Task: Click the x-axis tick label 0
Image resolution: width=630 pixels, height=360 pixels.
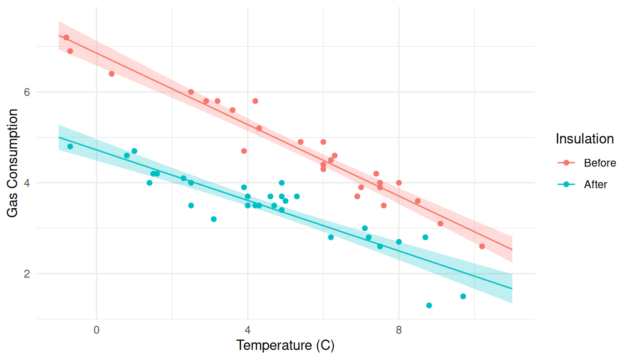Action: pos(97,330)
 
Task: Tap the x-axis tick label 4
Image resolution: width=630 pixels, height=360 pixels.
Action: pos(247,330)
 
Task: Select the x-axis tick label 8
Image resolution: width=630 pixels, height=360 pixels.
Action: pos(399,330)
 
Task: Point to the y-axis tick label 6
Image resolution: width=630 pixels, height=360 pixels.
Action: pos(27,92)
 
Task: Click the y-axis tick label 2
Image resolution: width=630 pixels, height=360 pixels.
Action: pos(27,274)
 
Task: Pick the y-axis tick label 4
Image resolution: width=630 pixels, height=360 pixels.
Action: pos(27,183)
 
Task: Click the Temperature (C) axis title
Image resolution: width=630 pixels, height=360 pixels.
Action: pos(285,346)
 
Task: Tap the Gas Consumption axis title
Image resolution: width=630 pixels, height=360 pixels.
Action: pos(13,163)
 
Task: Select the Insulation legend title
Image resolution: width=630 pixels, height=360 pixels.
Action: pos(585,139)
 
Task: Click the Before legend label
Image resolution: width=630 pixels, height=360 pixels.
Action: pos(600,163)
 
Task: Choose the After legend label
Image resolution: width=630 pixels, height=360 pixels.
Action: pos(595,185)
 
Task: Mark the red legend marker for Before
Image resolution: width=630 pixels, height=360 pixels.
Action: pos(566,163)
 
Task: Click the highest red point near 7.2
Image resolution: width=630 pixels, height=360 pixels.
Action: pos(66,37)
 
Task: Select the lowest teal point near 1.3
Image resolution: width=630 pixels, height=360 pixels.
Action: pos(429,306)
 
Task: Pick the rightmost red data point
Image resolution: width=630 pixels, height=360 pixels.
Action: pos(482,247)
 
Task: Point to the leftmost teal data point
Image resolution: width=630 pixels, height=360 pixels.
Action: pos(70,146)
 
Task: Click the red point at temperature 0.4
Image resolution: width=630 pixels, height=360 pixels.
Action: pos(112,74)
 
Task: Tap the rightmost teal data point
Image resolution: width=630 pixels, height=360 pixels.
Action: pos(463,296)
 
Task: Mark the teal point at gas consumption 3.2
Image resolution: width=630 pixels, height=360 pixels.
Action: pos(214,219)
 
